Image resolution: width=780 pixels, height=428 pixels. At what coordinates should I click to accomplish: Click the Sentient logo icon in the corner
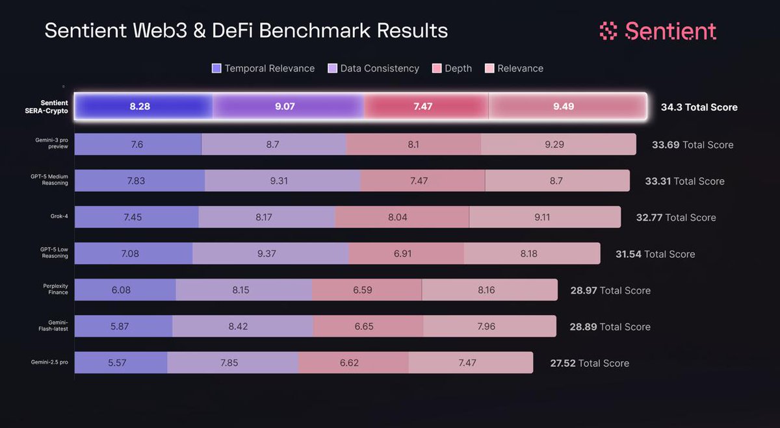coord(608,31)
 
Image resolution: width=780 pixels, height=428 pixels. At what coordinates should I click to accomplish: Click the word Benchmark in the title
coord(315,31)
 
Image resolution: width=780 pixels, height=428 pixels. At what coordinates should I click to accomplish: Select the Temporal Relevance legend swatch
coord(216,68)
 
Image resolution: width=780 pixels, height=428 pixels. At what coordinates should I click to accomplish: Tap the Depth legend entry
coord(452,68)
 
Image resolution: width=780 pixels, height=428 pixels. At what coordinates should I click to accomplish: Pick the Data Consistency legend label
coord(380,68)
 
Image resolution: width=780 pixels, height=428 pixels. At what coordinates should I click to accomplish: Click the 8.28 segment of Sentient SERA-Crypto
coord(144,106)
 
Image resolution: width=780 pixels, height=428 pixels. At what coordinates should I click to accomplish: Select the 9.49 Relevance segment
coord(567,106)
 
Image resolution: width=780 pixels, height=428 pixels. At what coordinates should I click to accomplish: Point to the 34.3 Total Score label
coord(699,107)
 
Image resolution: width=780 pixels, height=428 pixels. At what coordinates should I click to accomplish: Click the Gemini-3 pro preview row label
coord(51,143)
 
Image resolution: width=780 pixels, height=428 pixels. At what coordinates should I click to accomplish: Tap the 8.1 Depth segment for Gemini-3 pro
coord(413,144)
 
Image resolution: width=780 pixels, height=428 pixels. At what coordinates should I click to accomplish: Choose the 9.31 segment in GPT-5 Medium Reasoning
coord(282,181)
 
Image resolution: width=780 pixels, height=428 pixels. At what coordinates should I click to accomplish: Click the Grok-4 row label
coord(59,216)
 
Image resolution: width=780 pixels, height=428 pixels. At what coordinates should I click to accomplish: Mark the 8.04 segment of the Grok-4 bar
coord(402,217)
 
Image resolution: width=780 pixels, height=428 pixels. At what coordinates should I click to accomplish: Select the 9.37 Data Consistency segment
coord(270,253)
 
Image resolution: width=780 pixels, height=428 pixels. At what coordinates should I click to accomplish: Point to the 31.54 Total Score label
coord(655,254)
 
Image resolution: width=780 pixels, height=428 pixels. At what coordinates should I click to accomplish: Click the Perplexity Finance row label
coord(55,289)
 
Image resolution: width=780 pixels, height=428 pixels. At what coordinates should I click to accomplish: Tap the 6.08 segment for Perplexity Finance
coord(125,290)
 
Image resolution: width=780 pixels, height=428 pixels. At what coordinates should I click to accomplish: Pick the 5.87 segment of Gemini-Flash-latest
coord(123,326)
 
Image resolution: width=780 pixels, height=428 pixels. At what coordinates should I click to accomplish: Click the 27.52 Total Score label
coord(590,363)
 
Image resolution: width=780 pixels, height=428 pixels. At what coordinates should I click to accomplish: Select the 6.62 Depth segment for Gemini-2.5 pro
coord(354,362)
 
